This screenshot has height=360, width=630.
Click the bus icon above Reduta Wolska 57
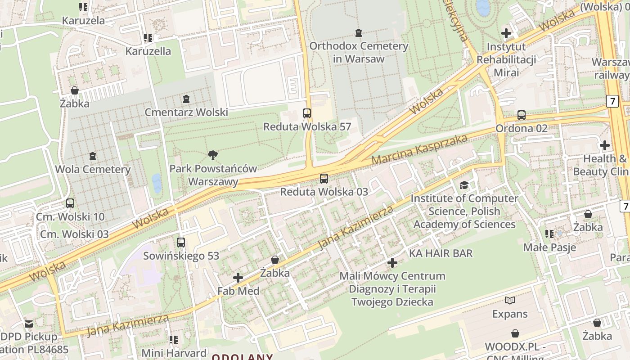(307, 113)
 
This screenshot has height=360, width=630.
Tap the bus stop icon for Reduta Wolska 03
(324, 179)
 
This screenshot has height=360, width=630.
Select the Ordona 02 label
(521, 128)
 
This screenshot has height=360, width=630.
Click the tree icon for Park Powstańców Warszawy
(213, 156)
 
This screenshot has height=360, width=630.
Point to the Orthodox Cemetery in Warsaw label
(359, 52)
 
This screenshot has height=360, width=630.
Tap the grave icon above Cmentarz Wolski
(186, 99)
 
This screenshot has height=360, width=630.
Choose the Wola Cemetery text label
(93, 170)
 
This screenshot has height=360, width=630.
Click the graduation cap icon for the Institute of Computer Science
(464, 185)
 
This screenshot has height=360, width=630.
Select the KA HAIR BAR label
(441, 253)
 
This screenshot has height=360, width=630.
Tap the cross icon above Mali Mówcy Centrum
(392, 263)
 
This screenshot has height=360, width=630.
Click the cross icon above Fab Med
(238, 278)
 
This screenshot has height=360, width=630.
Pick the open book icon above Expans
(509, 300)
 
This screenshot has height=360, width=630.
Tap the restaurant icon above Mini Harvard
(174, 340)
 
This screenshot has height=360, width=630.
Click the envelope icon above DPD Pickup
(29, 324)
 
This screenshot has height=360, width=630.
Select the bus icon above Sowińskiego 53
(181, 243)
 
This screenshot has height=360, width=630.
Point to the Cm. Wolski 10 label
(70, 216)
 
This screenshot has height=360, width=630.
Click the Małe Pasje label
(549, 247)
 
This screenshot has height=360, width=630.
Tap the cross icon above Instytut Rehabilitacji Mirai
(506, 33)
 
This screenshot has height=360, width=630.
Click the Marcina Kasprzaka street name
(419, 150)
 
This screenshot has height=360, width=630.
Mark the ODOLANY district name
(242, 357)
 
